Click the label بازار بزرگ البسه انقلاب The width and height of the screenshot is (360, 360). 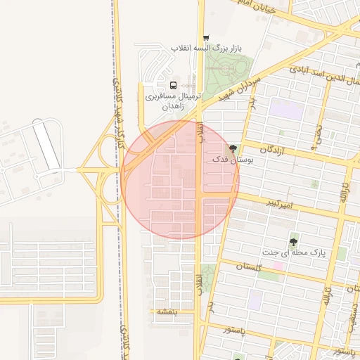coord(206,49)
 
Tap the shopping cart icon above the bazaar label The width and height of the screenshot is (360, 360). coord(205,38)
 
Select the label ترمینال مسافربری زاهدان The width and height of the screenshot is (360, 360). coord(173,101)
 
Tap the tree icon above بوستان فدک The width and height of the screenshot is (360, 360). coord(233,149)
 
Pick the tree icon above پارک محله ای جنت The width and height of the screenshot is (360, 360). coord(293,240)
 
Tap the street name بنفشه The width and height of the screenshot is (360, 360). coord(166,311)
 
